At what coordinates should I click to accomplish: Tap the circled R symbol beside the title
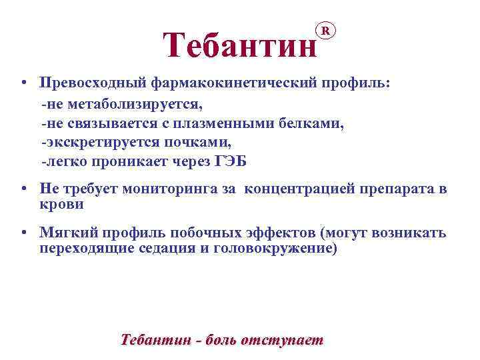click(x=325, y=30)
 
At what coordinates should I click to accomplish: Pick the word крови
click(x=61, y=204)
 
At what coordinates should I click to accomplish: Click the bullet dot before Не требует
click(x=23, y=189)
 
